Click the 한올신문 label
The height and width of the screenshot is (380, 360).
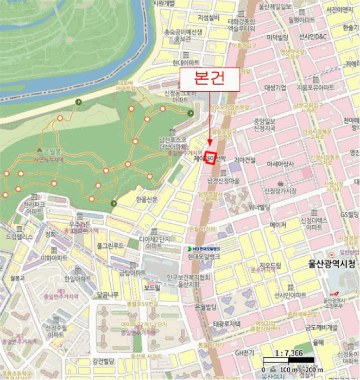coord(148,199)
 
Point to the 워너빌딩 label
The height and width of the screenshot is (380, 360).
coord(260,206)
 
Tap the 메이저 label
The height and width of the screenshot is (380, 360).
coord(277,224)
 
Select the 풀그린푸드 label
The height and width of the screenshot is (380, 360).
coord(110,246)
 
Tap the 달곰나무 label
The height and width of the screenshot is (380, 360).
coord(107,295)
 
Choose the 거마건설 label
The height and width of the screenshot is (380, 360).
coord(245,160)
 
